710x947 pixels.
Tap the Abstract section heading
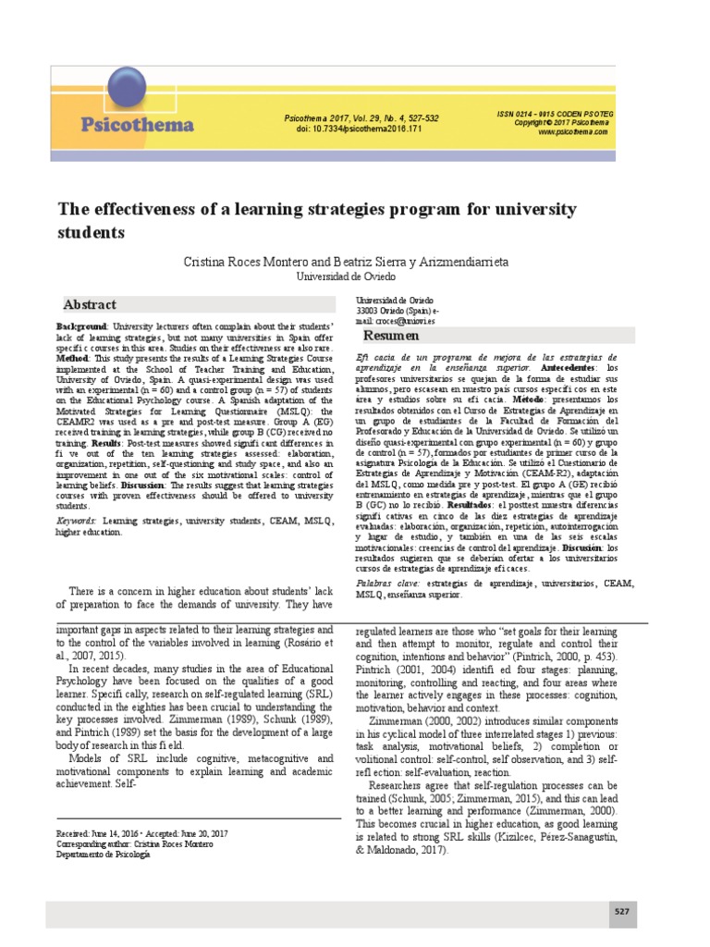90,304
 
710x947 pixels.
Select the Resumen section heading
392,335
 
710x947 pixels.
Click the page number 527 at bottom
622,911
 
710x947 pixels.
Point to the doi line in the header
359,129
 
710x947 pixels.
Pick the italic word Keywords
76,522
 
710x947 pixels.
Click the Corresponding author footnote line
129,844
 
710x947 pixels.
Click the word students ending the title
92,233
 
